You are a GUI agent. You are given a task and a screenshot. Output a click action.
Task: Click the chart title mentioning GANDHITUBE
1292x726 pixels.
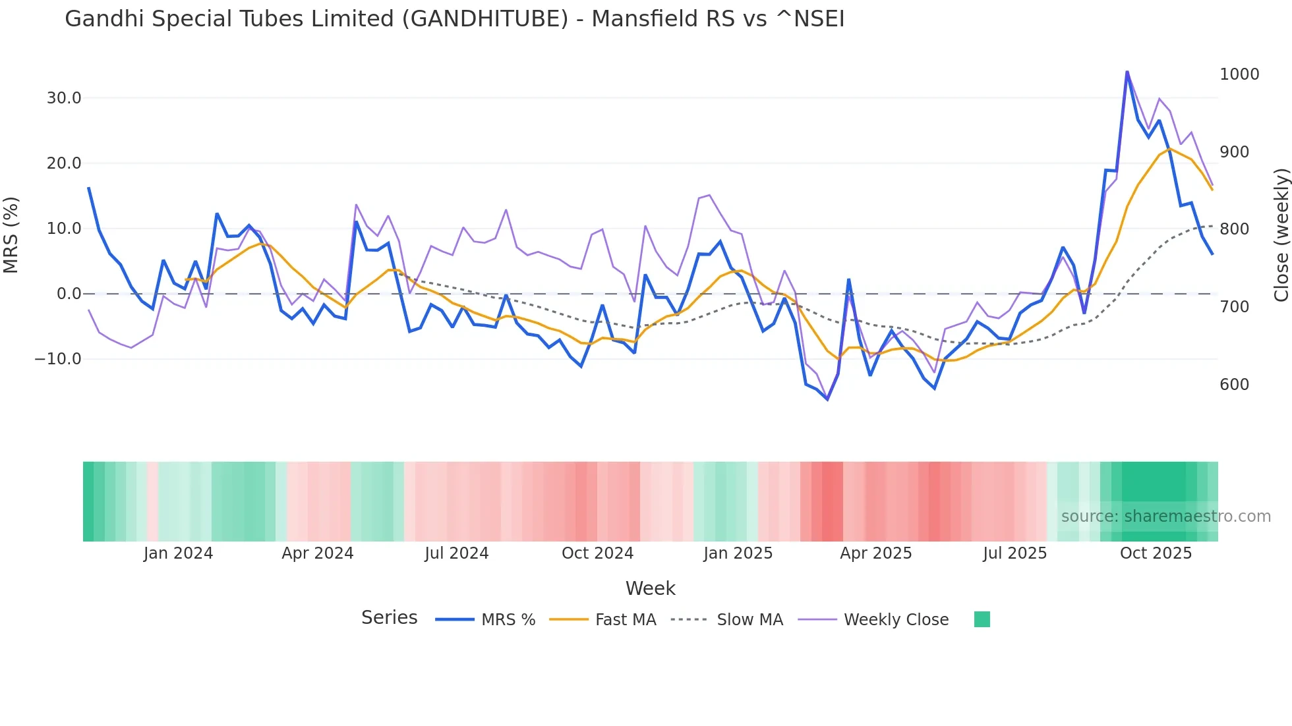point(454,19)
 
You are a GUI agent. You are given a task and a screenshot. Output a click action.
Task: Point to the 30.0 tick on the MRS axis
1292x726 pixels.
point(64,98)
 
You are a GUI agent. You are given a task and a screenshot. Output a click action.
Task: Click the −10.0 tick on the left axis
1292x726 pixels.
point(58,359)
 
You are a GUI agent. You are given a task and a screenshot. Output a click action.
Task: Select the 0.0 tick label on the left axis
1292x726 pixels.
point(69,294)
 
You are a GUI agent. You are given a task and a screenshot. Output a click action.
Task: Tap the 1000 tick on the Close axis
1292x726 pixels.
point(1239,74)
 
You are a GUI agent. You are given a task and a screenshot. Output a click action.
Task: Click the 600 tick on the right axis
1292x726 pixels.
point(1234,385)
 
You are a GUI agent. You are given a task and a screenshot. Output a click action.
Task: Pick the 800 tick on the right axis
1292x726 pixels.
point(1234,229)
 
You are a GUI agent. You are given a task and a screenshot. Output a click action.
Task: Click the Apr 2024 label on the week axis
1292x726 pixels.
point(318,553)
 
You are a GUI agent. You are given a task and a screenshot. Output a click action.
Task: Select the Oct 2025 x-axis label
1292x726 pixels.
point(1156,553)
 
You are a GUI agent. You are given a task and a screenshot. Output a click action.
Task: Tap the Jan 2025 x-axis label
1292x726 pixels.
point(738,553)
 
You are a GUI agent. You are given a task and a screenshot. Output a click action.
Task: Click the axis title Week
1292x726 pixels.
point(650,588)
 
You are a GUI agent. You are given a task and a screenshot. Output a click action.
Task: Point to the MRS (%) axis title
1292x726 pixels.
point(11,235)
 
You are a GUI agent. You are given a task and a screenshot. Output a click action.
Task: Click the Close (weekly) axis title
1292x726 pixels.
point(1281,235)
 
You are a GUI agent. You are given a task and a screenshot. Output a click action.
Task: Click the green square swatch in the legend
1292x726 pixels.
point(982,619)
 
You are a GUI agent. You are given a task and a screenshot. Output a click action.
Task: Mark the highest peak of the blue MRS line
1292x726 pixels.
point(1127,72)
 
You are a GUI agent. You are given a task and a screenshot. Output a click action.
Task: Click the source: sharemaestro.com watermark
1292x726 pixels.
point(1165,517)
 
